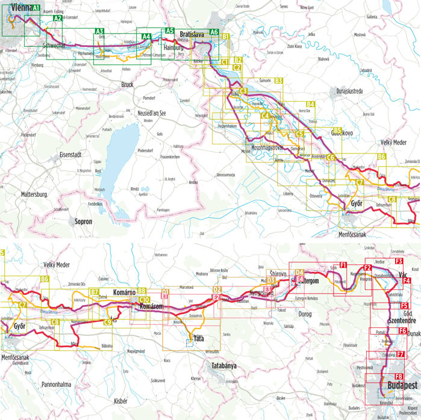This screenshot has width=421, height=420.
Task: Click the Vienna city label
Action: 16,7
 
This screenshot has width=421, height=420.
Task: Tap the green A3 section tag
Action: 99,31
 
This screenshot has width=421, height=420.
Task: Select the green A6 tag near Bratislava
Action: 214,32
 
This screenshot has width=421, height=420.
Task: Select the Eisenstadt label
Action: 75,155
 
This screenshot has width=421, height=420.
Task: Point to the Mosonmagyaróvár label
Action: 268,147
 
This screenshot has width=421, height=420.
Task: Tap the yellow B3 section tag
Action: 278,80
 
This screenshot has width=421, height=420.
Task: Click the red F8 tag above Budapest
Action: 399,376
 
